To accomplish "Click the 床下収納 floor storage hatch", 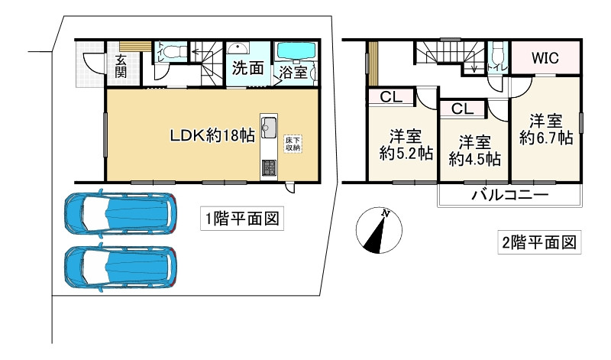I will click(x=293, y=143).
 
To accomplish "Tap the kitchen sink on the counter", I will click(x=270, y=127).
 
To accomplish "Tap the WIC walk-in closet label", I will click(x=546, y=57).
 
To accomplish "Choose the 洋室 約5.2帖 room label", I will click(x=406, y=144).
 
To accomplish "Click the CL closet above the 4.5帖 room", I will click(x=461, y=109).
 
